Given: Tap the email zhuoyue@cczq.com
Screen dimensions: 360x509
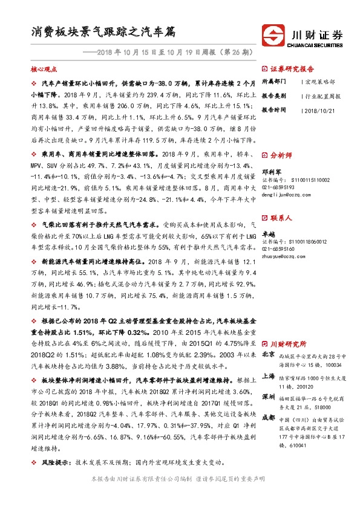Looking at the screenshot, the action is pyautogui.click(x=283, y=256).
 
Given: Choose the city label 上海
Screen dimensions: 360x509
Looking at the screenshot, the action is pyautogui.click(x=268, y=375).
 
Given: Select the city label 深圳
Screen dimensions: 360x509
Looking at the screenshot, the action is pyautogui.click(x=268, y=395).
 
